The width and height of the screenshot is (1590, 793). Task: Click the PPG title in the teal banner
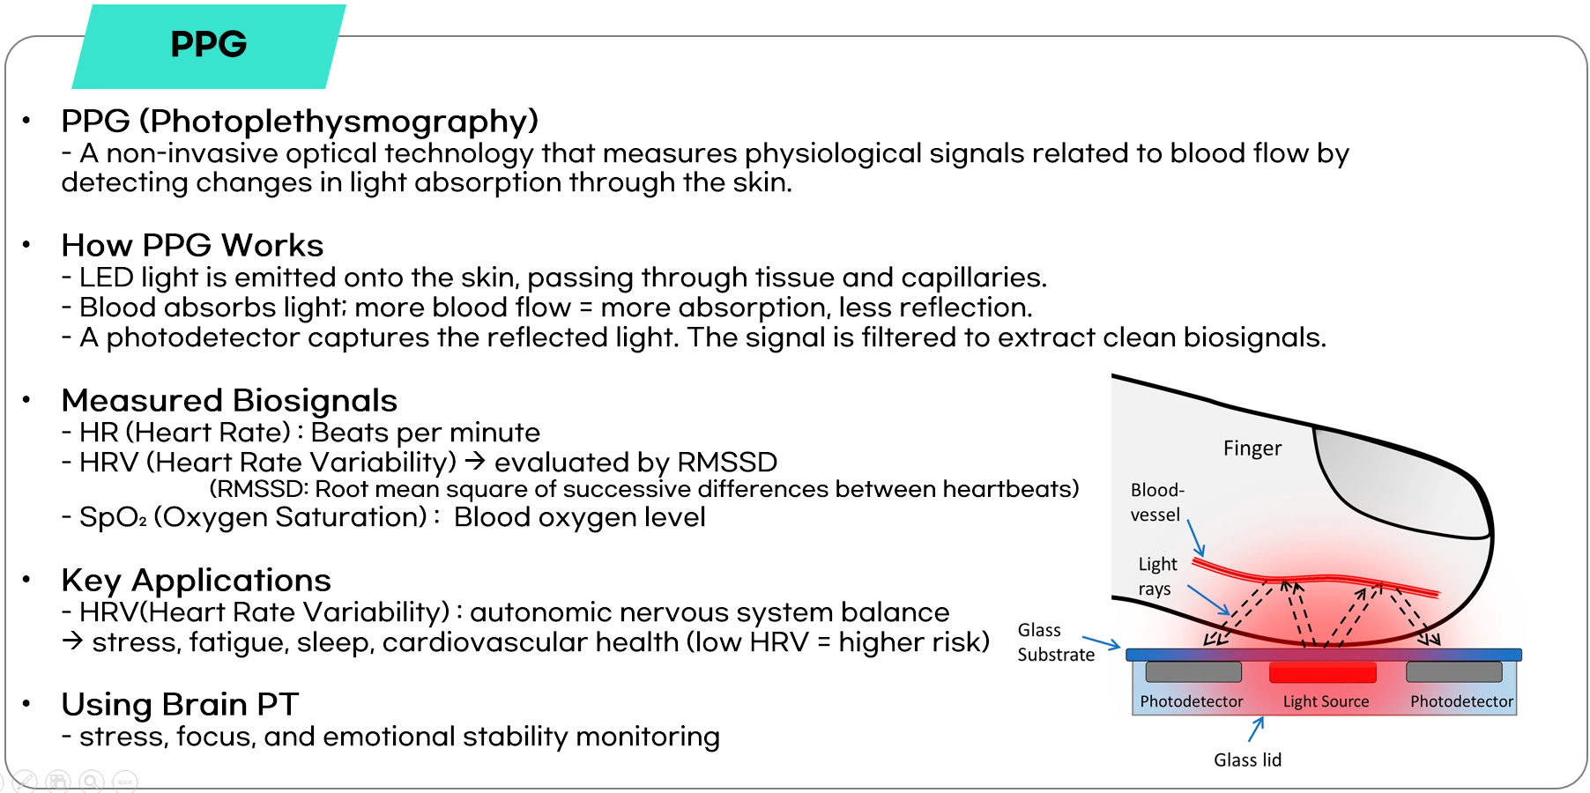point(209,44)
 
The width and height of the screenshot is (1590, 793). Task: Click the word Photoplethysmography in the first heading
point(339,122)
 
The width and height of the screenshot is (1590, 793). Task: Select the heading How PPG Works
point(192,245)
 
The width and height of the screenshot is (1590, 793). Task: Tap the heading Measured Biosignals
point(229,401)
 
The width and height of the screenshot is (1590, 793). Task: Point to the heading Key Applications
point(196,581)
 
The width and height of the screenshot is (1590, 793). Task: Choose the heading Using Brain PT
point(180,704)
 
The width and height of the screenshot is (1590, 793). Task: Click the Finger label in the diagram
point(1252,448)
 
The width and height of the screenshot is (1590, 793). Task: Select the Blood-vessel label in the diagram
point(1157,502)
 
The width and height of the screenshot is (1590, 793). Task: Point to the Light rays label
point(1157,576)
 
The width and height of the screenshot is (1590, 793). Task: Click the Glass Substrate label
point(1056,642)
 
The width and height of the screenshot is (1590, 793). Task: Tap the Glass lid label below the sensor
point(1247,760)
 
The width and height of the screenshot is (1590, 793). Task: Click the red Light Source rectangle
point(1322,672)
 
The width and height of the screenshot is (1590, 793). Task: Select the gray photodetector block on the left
point(1193,671)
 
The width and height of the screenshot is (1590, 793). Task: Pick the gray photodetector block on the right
point(1454,671)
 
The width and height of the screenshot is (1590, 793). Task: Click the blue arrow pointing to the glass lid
point(1256,729)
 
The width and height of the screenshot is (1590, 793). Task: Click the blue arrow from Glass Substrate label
point(1101,642)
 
